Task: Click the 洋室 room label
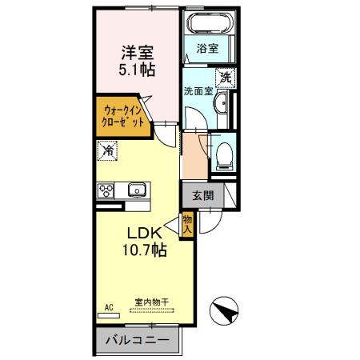point(138,52)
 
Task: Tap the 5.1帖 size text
point(138,70)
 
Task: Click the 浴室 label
point(207,48)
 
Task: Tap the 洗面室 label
point(197,91)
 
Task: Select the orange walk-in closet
point(124,118)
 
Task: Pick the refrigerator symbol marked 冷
point(107,150)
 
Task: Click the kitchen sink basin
point(135,191)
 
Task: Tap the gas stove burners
point(106,190)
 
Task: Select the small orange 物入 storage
point(187,224)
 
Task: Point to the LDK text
point(144,233)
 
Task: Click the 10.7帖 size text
point(144,250)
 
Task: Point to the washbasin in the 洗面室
point(223,103)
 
